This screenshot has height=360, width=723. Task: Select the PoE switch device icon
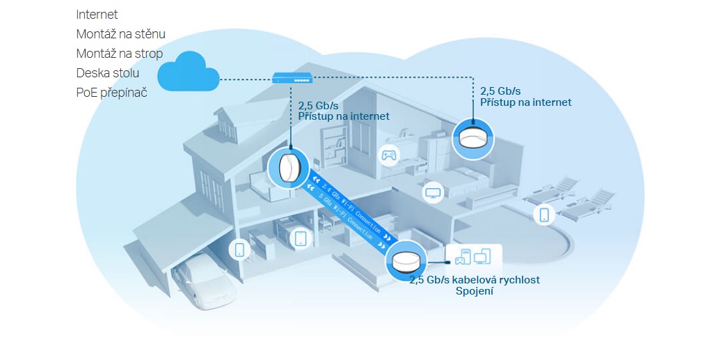pos(292,79)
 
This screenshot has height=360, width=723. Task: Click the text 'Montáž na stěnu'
pos(120,33)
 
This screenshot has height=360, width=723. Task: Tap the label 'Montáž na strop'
pos(119,53)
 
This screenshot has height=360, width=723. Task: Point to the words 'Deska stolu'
pos(108,72)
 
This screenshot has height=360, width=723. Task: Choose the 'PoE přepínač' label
pos(111,92)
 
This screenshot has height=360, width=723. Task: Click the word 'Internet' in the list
pos(97,14)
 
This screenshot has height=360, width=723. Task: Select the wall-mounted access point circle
pos(288,168)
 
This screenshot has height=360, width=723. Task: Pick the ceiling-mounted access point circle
pos(474,138)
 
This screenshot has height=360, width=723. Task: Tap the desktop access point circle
pos(405,261)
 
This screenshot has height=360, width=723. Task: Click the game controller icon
pos(389,155)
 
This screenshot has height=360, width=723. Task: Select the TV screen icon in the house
pos(433,191)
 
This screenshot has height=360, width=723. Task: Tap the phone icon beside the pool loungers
pos(544,214)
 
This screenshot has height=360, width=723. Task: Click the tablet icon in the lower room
pos(301,238)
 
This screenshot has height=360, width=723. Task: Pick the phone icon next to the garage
pos(239,249)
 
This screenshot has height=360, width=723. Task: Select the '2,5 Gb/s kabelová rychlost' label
pos(474,280)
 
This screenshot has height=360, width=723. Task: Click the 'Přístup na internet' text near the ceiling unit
pos(525,102)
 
